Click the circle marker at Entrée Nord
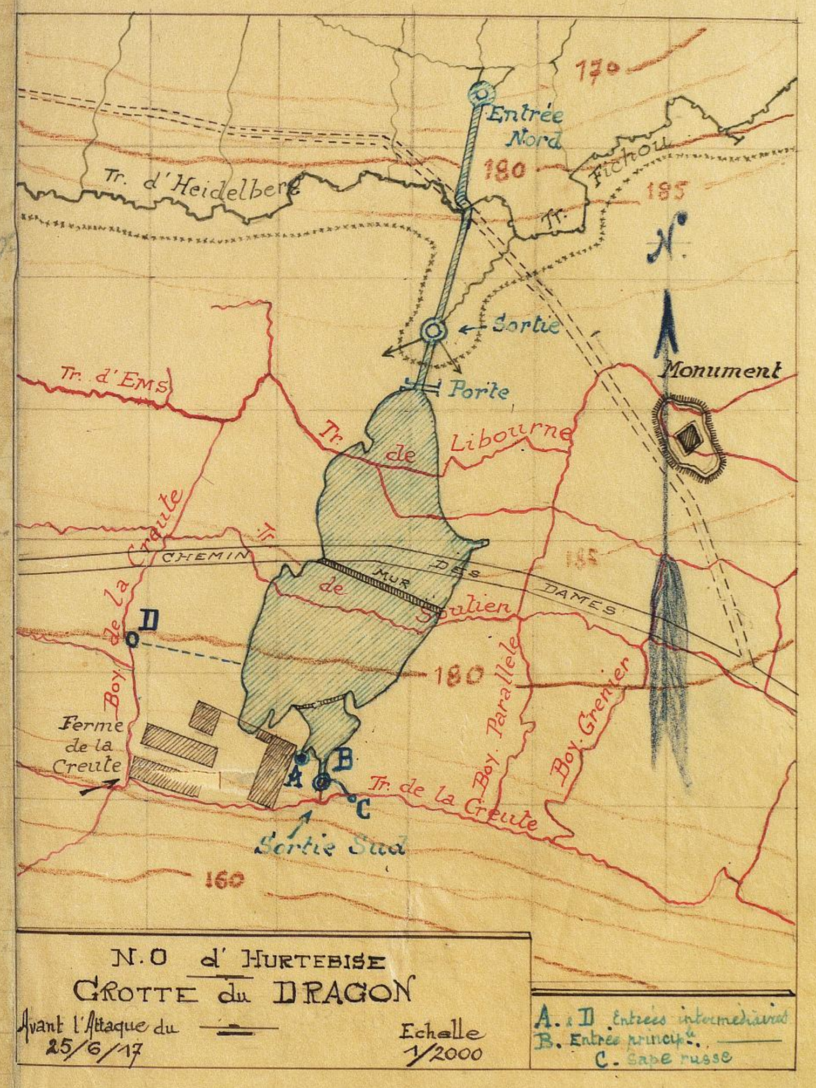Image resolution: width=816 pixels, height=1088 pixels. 480,92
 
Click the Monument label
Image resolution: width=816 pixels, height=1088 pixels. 722,370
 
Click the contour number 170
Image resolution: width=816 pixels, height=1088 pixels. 596,69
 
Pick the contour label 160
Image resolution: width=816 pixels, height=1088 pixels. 225,880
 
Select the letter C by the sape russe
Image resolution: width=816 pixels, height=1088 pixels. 362,808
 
